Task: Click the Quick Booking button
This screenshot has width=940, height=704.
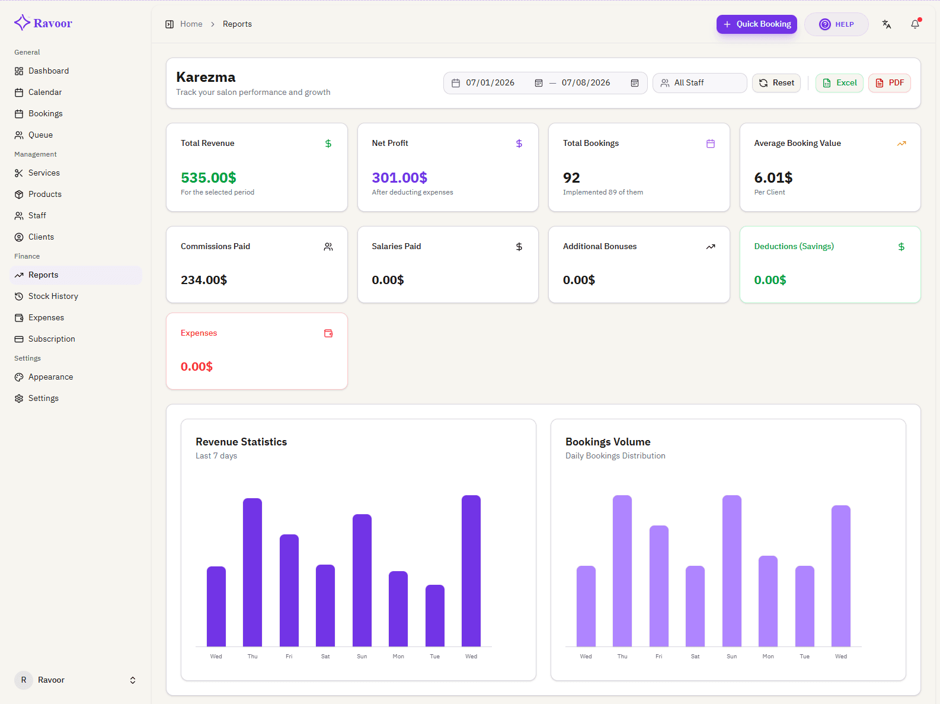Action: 756,24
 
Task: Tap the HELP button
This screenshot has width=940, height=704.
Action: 836,24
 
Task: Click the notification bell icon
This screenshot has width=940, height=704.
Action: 915,24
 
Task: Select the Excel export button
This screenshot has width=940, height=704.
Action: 839,82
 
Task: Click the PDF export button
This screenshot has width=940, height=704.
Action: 889,82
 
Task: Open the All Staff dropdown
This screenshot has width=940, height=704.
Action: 699,82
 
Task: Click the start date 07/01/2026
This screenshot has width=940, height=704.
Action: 490,82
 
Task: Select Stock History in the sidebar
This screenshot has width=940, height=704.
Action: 53,296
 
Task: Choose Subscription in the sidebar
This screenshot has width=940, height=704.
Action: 52,339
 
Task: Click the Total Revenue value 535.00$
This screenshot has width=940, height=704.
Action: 208,177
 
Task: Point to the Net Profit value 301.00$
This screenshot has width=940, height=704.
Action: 399,177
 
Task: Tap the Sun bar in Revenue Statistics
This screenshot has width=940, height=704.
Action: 362,580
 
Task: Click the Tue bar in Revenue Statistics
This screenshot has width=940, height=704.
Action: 434,616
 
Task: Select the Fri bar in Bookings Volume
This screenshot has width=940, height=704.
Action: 658,586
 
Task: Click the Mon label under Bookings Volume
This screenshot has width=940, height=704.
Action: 768,656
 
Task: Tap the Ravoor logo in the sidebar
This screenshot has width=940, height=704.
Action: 43,23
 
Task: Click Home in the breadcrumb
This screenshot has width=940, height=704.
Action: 191,24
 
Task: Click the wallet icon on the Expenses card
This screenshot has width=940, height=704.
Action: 328,333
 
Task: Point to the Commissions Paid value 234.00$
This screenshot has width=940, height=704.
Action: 204,280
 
